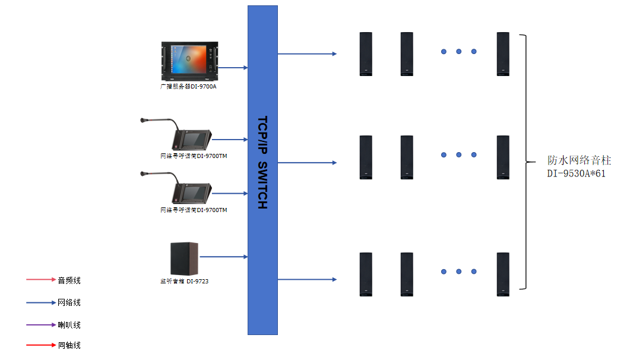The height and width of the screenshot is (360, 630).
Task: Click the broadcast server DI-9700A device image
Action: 189,61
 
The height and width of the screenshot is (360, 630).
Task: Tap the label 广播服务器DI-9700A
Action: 188,87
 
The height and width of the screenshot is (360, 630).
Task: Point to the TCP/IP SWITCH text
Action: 262,162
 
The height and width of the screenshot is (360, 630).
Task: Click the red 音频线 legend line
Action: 41,280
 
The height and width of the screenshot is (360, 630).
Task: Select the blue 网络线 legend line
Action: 41,302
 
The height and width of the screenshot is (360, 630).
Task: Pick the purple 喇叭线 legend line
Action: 41,325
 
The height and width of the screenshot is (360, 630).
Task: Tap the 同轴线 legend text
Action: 69,345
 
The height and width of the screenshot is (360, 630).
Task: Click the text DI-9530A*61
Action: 576,173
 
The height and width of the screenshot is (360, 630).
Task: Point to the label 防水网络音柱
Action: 579,160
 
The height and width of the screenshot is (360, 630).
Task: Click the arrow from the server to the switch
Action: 233,68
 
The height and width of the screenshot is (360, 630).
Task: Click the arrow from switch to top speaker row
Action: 307,54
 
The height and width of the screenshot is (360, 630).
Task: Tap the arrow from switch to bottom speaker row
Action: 307,279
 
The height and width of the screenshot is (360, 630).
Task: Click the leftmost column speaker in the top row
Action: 366,54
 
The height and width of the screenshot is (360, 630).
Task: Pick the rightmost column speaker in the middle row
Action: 503,157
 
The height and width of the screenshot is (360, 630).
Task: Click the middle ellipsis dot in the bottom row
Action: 459,271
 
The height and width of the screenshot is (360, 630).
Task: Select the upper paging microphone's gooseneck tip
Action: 143,121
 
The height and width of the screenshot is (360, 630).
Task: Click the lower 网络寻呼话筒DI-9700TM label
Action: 194,210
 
